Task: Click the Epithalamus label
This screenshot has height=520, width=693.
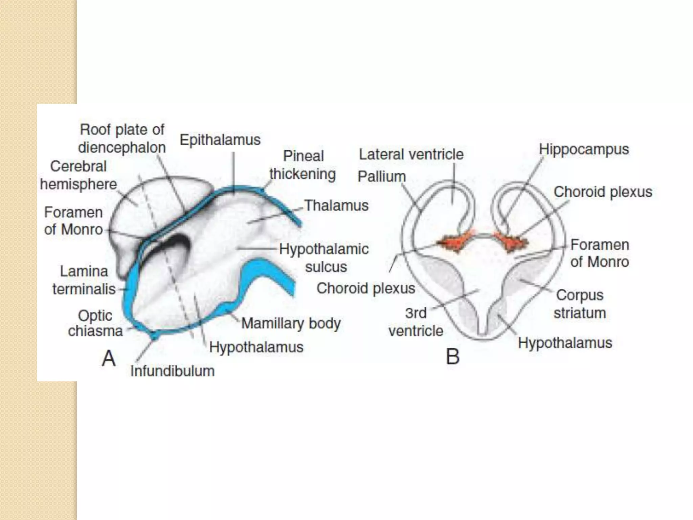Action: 220,140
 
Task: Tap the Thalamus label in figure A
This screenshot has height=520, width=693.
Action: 336,205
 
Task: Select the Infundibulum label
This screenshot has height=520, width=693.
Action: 172,371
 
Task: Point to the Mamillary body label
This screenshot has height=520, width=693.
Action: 291,323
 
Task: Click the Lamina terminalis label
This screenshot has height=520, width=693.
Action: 84,280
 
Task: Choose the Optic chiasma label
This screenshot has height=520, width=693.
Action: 95,323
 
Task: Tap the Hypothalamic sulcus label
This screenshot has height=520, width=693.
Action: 324,258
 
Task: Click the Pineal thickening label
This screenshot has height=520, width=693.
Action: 303,165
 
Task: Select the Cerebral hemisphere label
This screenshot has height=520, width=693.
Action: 79,175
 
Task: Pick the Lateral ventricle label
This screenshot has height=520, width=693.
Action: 411,154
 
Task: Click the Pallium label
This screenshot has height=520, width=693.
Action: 382,176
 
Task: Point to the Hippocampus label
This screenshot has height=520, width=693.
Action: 584,149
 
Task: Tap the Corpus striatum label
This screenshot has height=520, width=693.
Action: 580,304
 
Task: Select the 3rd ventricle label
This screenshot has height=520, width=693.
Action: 416,322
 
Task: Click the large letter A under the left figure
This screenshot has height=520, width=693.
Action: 109,358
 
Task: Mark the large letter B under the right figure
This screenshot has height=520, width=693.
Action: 453,357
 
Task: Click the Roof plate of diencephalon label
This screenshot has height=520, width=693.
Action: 122,138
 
